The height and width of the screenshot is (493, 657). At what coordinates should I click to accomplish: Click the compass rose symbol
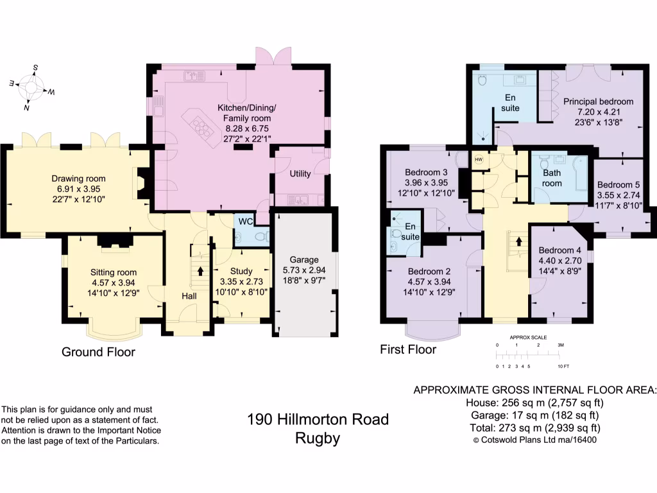(x=31, y=86)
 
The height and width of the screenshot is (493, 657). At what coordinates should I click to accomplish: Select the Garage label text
(x=304, y=260)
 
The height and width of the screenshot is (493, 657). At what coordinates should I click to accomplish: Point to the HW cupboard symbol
(x=478, y=159)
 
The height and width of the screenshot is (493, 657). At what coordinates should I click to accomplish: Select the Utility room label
(x=300, y=174)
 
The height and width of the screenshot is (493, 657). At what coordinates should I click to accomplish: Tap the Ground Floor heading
(x=98, y=352)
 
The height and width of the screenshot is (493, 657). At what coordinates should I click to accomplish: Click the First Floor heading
(x=408, y=349)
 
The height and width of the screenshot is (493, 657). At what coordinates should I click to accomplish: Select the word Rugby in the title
(x=318, y=439)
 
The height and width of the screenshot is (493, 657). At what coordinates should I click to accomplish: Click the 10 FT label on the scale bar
(x=563, y=366)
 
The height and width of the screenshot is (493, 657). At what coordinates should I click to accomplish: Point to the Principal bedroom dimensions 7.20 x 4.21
(x=598, y=112)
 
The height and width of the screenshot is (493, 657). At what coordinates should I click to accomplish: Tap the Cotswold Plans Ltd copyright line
(x=535, y=440)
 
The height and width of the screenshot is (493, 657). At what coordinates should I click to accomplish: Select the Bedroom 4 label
(x=559, y=250)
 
